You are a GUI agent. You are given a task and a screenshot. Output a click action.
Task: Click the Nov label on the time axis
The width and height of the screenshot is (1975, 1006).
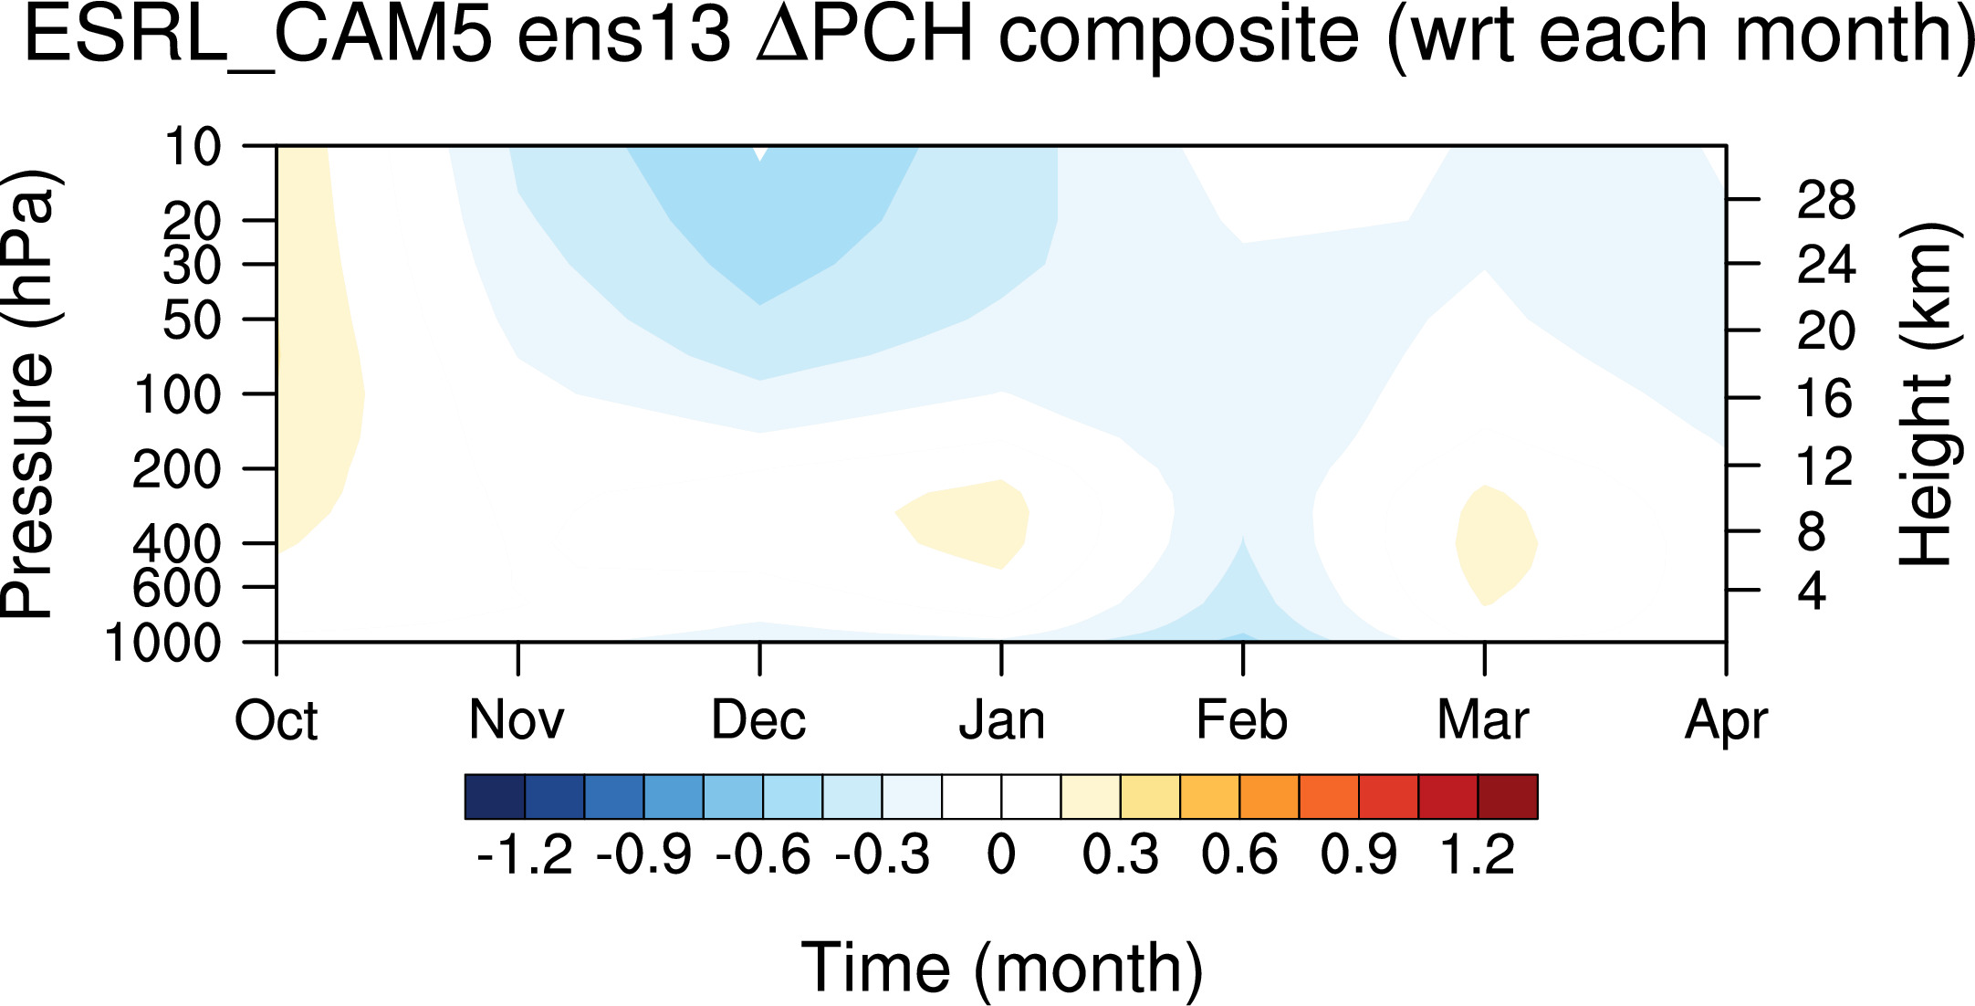coord(517,720)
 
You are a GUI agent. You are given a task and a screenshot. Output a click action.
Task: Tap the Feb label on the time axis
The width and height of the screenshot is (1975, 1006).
coord(1241,720)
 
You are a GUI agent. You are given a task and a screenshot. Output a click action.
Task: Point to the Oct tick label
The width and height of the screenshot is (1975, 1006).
coord(277,720)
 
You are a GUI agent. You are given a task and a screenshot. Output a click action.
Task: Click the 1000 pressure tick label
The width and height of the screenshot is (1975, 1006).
coord(163,643)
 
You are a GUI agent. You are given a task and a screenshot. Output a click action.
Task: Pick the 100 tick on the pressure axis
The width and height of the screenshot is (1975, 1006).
coord(178,395)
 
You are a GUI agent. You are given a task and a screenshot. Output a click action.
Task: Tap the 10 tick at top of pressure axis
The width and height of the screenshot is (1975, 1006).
coord(193,146)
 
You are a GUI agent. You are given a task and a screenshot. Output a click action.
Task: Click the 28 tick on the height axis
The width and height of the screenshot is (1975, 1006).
coord(1826,200)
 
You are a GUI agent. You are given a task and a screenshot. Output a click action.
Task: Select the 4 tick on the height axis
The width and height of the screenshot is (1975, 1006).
coord(1813,592)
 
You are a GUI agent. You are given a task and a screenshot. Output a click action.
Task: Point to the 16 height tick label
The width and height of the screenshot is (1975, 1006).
coord(1825,399)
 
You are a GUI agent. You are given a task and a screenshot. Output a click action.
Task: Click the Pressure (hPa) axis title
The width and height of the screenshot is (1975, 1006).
coord(29,394)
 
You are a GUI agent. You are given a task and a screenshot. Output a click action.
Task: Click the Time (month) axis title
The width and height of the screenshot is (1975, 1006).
coord(1002,969)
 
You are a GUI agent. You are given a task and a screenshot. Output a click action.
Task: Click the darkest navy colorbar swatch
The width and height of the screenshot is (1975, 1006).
coord(495,797)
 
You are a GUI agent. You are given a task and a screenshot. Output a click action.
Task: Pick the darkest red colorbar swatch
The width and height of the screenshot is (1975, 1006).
coord(1508,797)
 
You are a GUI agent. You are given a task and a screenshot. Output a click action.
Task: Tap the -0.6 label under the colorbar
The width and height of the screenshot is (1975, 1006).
coord(763,855)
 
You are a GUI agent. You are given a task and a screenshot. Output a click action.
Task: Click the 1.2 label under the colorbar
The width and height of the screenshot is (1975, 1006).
coord(1477,855)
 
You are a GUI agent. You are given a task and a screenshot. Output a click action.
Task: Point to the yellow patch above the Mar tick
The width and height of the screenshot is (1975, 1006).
coord(1495,545)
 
